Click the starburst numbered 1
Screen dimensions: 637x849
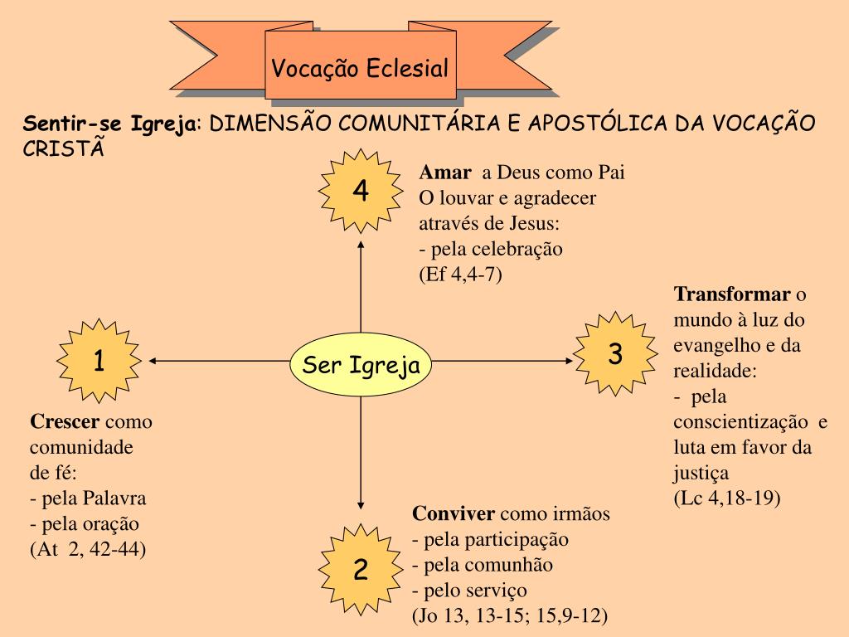[x=99, y=362]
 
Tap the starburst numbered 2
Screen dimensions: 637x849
[x=360, y=569]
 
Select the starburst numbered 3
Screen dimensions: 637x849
[x=614, y=355]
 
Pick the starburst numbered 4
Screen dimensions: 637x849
[x=360, y=191]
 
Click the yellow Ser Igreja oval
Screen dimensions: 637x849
[x=361, y=365]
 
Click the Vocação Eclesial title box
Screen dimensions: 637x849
[x=361, y=68]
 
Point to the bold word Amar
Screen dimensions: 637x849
[x=445, y=173]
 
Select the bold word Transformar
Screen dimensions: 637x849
[x=732, y=294]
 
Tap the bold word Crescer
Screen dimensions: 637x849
[x=65, y=421]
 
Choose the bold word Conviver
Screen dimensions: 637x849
[x=454, y=513]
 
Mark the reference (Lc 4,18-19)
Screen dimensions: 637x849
[x=727, y=498]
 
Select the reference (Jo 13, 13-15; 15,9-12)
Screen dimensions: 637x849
[x=510, y=616]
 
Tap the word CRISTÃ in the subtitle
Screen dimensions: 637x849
[x=65, y=148]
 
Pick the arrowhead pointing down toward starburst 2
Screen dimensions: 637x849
[x=361, y=503]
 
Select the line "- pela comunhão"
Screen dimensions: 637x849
[x=483, y=565]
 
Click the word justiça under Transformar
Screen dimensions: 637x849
[x=701, y=474]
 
